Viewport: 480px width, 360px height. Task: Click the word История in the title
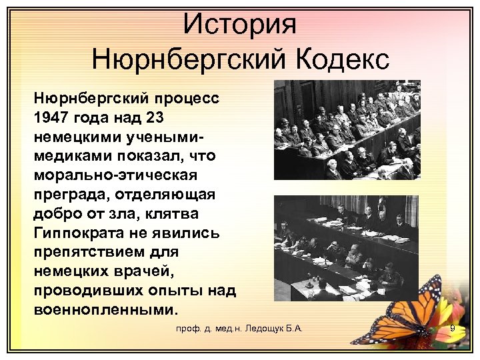coord(239,25)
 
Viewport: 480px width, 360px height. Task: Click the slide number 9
coord(452,329)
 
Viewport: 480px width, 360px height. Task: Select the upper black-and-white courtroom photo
coord(347,130)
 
